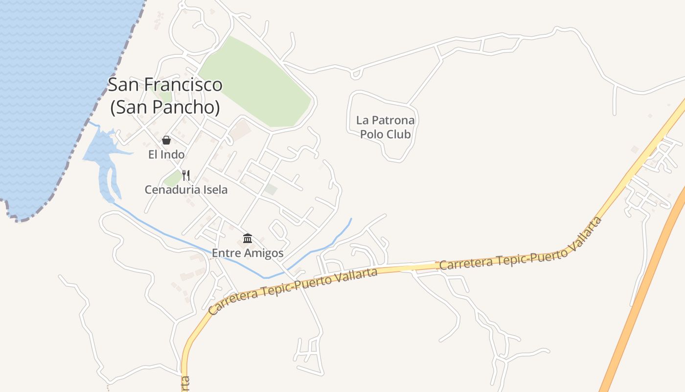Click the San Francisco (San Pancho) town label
165,96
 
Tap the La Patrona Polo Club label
385,127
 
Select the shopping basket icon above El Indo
166,140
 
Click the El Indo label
166,155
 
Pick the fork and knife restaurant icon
186,175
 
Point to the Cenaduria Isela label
186,190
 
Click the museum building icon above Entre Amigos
248,239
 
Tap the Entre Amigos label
248,253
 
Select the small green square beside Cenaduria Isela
172,178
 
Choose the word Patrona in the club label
393,120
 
